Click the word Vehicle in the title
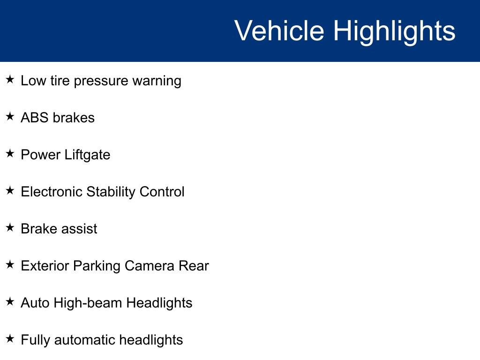coord(279,31)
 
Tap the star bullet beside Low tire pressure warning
coord(10,80)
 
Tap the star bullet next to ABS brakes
coord(10,117)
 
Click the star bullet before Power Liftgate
coord(10,154)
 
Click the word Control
coord(162,192)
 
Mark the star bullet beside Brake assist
coord(10,228)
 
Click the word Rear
coord(194,266)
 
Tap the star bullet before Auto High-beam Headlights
coord(10,302)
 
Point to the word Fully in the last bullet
coord(36,340)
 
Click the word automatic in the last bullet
coord(85,340)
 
